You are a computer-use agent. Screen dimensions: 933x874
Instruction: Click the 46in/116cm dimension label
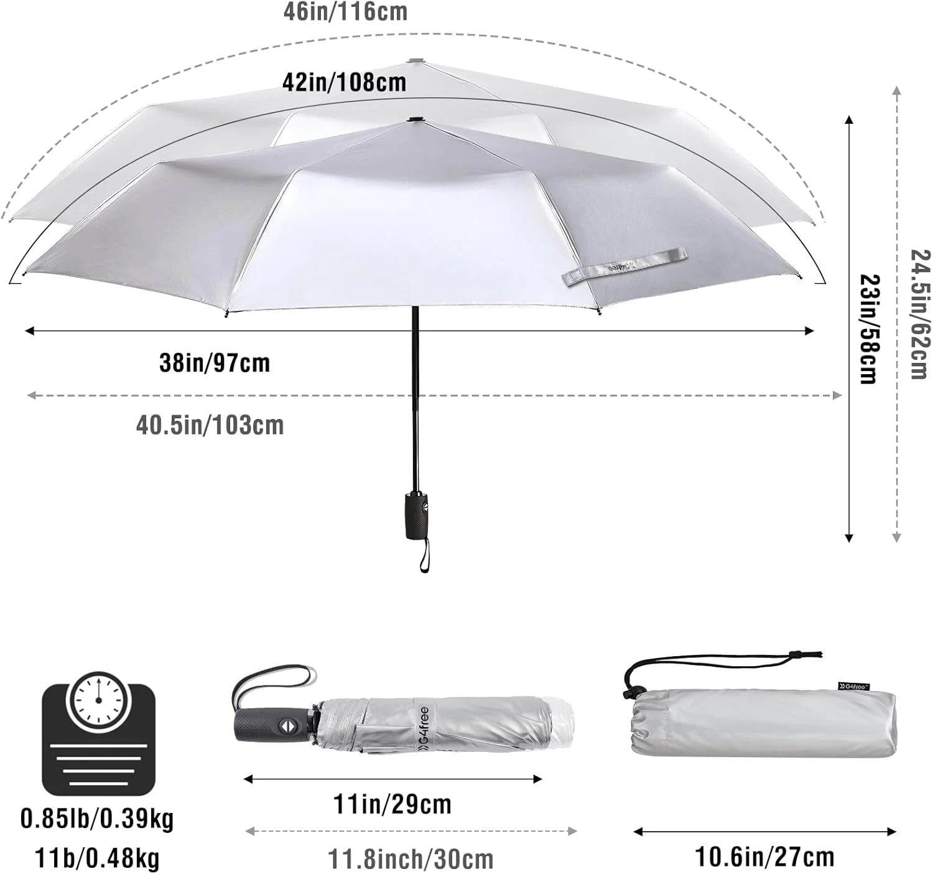click(x=345, y=12)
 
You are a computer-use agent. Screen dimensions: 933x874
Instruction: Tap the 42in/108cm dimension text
click(x=344, y=83)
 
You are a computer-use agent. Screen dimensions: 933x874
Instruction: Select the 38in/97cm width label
click(x=215, y=363)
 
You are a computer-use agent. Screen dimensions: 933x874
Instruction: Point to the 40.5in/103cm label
click(x=210, y=425)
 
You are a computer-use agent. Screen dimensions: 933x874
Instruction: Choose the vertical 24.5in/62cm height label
click(x=920, y=314)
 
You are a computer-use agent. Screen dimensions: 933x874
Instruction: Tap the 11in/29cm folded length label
click(x=392, y=804)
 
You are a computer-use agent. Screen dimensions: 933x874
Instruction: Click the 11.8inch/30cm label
click(x=411, y=859)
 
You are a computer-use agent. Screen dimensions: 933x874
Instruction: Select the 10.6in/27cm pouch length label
click(x=765, y=857)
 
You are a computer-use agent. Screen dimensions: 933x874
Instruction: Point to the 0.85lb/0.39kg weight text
click(x=97, y=819)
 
